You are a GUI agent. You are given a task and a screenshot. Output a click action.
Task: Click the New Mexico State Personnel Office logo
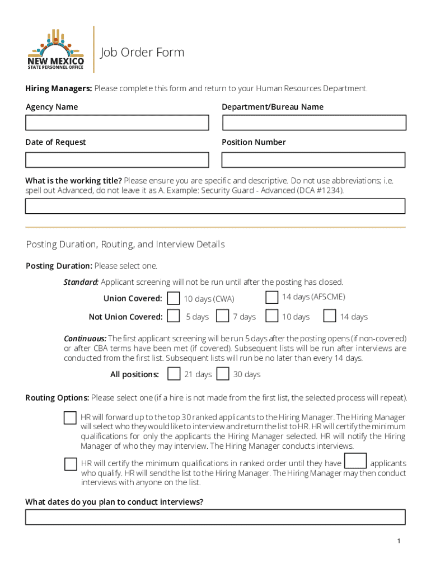click(56, 49)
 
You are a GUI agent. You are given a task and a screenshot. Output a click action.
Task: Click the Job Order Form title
click(142, 53)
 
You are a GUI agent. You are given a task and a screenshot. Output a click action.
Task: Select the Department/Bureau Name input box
click(314, 123)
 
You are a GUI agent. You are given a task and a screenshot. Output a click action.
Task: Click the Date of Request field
click(117, 159)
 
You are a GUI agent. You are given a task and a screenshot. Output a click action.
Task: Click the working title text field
click(215, 206)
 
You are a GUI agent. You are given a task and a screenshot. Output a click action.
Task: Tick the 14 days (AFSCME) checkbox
click(271, 297)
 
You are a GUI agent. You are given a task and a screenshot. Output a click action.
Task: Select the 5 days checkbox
click(174, 316)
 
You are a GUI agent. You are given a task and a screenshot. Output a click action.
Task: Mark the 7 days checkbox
click(223, 316)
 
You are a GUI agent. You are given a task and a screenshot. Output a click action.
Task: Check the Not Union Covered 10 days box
click(271, 316)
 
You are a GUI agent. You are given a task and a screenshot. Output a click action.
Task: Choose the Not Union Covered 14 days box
click(330, 316)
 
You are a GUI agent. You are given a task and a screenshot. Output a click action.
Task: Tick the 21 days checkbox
click(174, 373)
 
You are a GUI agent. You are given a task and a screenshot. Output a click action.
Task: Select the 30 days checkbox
click(223, 373)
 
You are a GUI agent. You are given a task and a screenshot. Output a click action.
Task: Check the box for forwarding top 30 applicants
click(70, 418)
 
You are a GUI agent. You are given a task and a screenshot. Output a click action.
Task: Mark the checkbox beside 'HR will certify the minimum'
click(71, 464)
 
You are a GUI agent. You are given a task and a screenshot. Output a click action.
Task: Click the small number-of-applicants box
click(355, 461)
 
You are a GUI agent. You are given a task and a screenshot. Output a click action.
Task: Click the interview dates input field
click(215, 516)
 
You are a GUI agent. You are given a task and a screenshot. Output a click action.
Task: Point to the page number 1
click(399, 541)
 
